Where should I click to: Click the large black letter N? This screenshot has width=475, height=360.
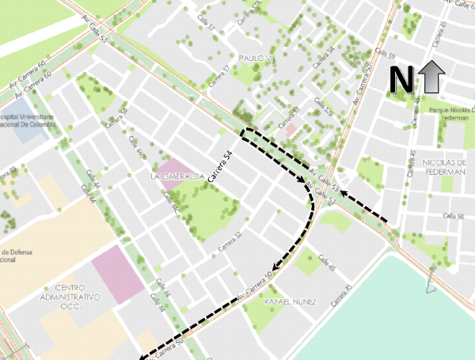pyautogui.click(x=401, y=78)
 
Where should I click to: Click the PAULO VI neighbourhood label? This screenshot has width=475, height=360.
pyautogui.click(x=254, y=59)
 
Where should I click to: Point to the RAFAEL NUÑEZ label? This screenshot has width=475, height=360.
pyautogui.click(x=291, y=302)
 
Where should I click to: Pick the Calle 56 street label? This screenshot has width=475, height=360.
pyautogui.click(x=453, y=215)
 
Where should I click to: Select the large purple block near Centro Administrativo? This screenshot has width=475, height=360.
pyautogui.click(x=118, y=273)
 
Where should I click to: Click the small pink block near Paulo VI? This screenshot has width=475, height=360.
pyautogui.click(x=291, y=128)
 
